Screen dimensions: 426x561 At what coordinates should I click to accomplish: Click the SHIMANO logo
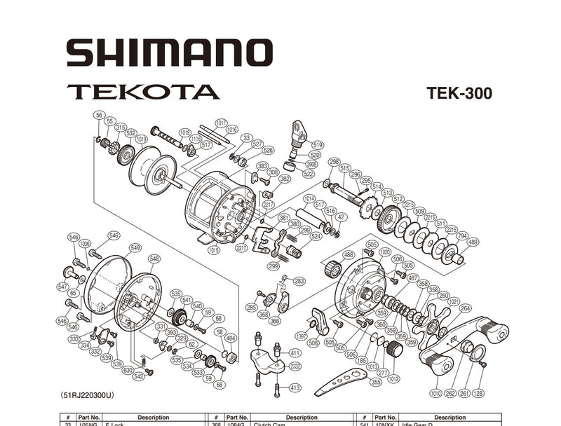169,53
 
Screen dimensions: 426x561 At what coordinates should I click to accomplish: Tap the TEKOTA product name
143,92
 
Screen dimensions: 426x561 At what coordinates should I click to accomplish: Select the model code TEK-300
459,94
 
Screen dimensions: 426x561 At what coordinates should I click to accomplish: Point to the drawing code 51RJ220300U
87,395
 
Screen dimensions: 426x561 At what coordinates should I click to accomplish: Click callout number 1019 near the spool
141,139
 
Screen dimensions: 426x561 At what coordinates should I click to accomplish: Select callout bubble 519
318,145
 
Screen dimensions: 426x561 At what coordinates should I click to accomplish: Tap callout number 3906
311,164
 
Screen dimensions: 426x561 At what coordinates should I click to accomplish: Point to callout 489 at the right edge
473,242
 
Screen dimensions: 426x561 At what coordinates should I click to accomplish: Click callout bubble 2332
295,366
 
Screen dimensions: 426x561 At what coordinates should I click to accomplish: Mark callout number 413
295,387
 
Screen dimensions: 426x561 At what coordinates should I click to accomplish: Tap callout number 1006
85,243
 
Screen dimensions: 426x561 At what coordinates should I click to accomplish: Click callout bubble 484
230,338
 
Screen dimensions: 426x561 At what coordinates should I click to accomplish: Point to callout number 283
299,281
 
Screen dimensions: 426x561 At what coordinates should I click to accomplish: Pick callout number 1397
302,336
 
